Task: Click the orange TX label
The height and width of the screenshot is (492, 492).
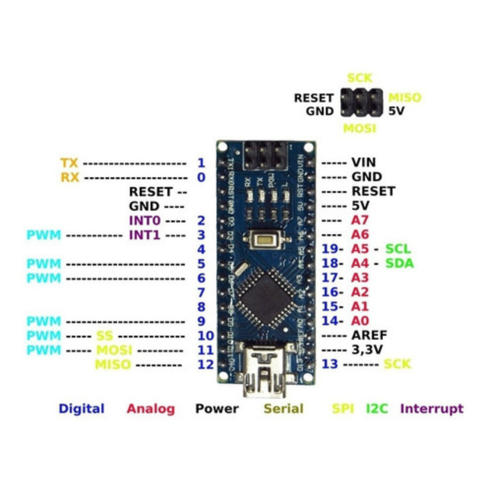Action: [x=69, y=163]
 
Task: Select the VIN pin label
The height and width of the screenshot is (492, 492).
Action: [x=363, y=162]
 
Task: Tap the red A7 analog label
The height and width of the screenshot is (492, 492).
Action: [x=360, y=220]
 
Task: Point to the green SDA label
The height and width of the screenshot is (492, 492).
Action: [x=399, y=263]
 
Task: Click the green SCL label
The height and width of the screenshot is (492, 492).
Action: [x=398, y=249]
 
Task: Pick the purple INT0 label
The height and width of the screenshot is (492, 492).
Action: [x=145, y=220]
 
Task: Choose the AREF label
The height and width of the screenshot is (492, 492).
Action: [x=369, y=335]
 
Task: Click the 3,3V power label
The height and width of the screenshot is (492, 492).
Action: [x=367, y=350]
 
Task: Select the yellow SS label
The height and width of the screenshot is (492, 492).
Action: [x=105, y=336]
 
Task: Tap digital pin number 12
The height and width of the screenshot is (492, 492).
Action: [x=206, y=364]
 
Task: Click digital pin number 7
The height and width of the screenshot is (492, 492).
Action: [x=201, y=292]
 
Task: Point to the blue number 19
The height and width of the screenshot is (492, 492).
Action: [x=330, y=249]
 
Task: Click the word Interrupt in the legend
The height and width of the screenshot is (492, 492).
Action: [x=432, y=409]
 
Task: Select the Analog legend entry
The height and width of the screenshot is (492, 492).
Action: [x=151, y=409]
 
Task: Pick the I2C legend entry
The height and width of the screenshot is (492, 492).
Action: [x=377, y=409]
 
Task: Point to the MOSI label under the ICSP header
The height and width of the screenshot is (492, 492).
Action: [x=359, y=128]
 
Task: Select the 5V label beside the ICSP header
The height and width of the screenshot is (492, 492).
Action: [x=396, y=111]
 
